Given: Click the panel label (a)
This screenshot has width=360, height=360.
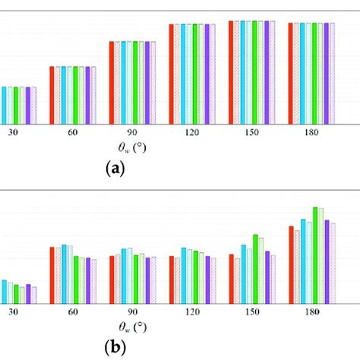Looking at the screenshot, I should (114, 170).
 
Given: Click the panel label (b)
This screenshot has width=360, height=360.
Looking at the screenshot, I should (114, 348).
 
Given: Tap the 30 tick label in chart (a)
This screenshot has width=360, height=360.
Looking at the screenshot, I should (14, 131).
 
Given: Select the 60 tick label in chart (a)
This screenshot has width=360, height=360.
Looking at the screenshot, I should (72, 131).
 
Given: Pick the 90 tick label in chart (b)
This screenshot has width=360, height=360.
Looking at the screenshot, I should (132, 311).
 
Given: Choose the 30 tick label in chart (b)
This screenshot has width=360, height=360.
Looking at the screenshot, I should (14, 311).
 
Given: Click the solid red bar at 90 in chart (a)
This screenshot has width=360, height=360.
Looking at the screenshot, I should (112, 82).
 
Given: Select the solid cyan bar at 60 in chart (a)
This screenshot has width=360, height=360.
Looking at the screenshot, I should (64, 94).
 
